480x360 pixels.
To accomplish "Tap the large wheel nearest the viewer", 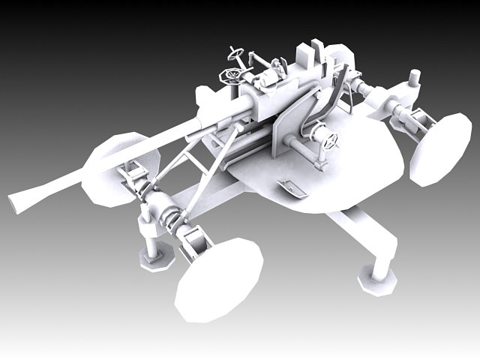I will point(218,278).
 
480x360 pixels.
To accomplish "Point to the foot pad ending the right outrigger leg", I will point(374,280).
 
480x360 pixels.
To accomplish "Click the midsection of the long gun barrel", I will point(135,150).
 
